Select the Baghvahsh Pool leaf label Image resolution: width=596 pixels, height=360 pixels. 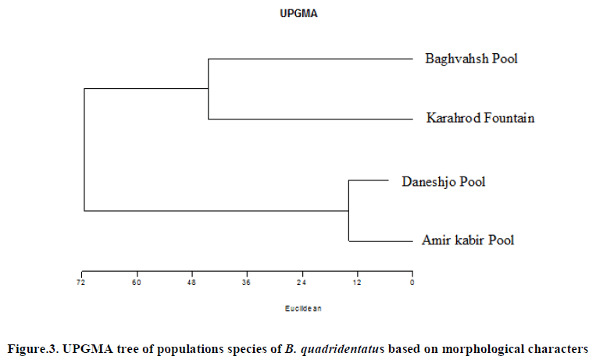(471, 59)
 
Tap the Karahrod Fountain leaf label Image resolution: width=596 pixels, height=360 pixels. (480, 119)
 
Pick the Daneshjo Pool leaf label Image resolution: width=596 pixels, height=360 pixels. (443, 182)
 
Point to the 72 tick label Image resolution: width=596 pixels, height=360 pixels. (81, 282)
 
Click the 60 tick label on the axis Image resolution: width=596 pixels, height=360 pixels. (137, 282)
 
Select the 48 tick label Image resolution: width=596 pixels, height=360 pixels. (191, 282)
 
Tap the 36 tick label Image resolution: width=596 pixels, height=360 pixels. (247, 282)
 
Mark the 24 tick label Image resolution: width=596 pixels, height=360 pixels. (302, 282)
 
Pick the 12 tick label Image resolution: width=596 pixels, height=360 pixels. (357, 282)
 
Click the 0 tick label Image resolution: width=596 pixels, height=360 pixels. (412, 282)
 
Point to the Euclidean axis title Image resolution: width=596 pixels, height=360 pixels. (303, 308)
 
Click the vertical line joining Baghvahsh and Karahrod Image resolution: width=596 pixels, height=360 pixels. (209, 88)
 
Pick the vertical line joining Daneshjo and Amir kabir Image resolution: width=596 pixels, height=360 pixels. (348, 211)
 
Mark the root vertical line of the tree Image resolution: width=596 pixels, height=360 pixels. (84, 149)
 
